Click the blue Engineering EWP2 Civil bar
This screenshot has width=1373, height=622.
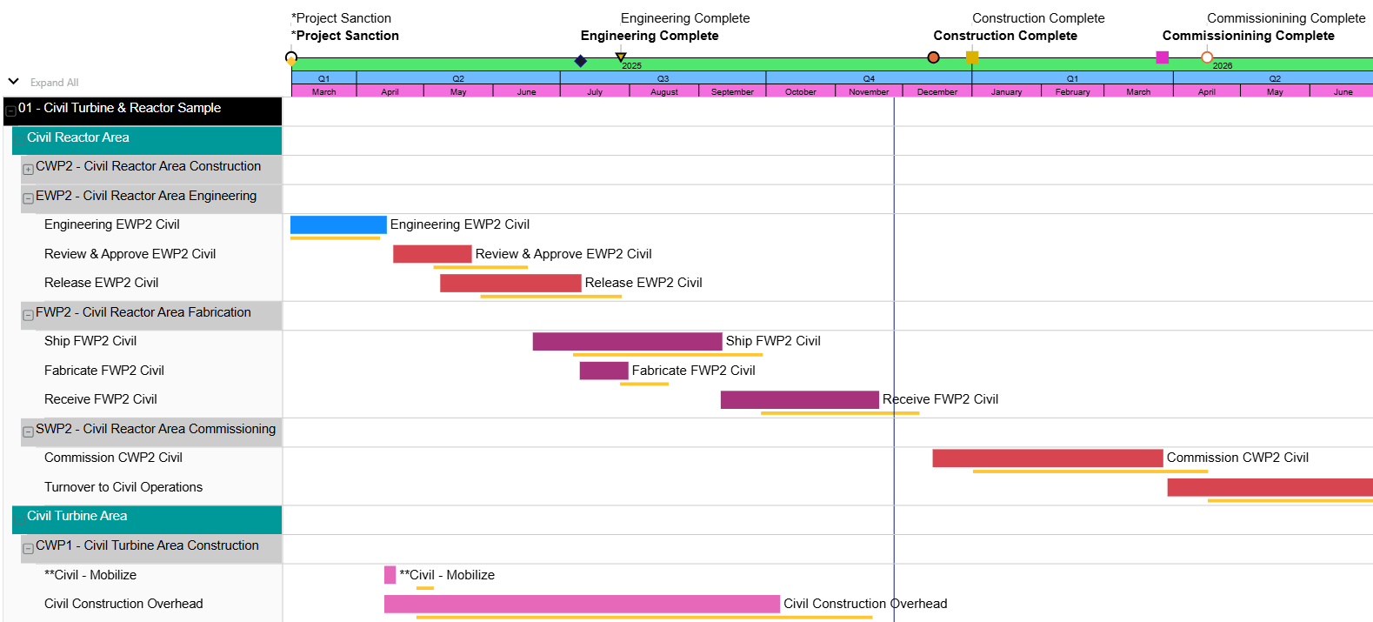point(338,224)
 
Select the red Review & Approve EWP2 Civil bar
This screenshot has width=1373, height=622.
point(432,254)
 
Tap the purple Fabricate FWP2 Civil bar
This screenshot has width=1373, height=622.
point(603,371)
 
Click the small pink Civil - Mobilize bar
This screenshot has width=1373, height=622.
point(390,575)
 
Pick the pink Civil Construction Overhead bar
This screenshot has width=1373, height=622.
point(581,604)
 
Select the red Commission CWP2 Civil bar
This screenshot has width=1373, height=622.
point(1047,458)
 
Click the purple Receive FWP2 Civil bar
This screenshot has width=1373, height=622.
point(799,399)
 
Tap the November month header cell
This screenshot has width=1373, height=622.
point(869,91)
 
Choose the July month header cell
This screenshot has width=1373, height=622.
point(595,91)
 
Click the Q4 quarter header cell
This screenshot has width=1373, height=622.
point(869,78)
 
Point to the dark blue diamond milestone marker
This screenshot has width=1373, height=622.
point(581,61)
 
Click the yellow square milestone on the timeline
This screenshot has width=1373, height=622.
point(972,57)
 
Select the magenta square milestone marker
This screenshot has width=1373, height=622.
point(1162,57)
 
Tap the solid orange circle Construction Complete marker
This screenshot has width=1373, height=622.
point(933,57)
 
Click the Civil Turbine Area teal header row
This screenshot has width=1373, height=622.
point(146,517)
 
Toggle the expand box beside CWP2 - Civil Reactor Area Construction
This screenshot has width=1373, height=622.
point(28,169)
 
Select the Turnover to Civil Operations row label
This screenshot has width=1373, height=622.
point(123,487)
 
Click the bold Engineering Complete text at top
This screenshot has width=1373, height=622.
point(650,36)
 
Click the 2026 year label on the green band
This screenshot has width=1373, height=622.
point(1223,66)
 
